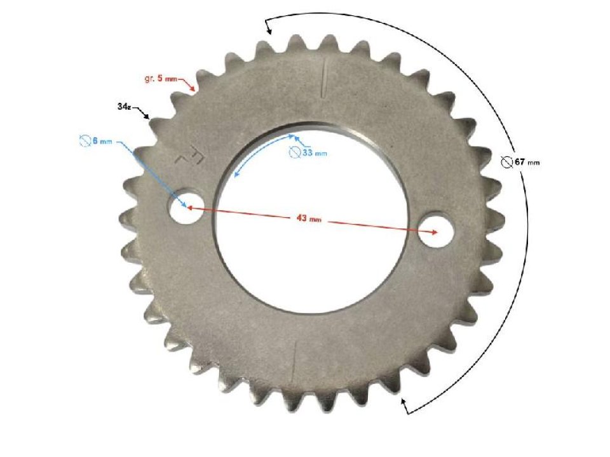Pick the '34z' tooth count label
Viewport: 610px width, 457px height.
[x=125, y=106]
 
